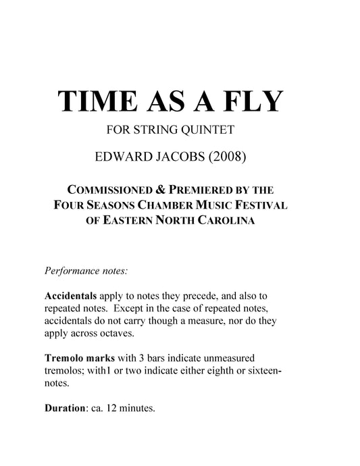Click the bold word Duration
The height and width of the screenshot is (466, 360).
(x=65, y=408)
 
